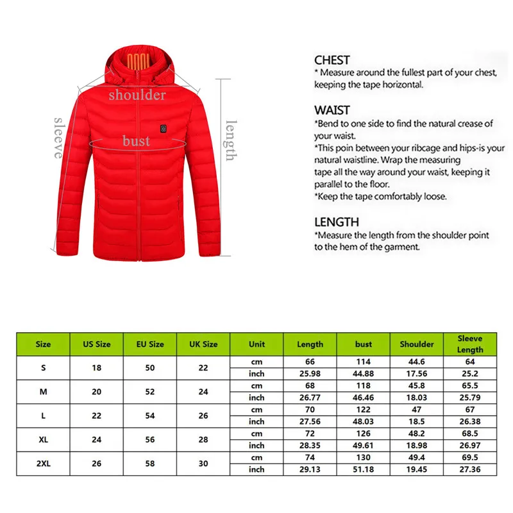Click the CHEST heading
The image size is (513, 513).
pos(332,60)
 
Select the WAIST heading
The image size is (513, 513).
pos(332,110)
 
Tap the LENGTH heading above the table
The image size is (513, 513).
pos(336,222)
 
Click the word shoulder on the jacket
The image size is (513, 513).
pos(137,95)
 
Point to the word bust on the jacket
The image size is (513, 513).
pos(137,140)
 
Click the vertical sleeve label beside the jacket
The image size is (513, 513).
pos(58,137)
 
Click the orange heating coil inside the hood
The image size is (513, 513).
pos(138,63)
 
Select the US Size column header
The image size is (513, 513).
pos(96,344)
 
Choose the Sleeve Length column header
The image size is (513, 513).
pos(470,344)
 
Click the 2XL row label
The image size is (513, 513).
pos(43,464)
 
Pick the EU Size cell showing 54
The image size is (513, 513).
pos(150,416)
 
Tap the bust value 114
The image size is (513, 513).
pos(364,361)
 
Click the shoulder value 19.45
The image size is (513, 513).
pos(417,469)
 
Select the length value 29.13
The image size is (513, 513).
pos(310,469)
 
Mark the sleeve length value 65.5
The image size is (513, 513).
pos(470,385)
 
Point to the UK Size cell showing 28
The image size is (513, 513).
pos(203,439)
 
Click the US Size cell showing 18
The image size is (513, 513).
pos(96,367)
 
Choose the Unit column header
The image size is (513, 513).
pos(256,344)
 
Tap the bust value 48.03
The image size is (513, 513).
pos(364,421)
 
